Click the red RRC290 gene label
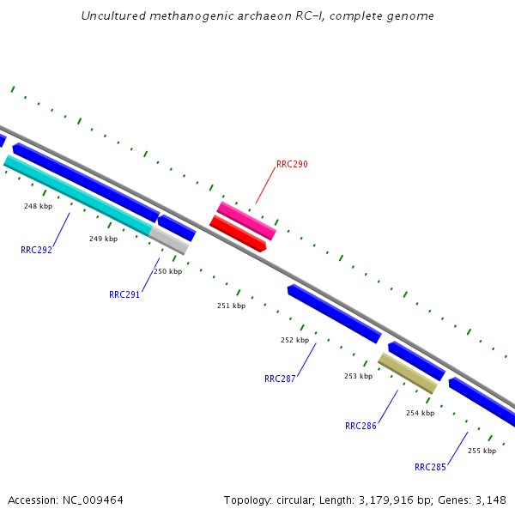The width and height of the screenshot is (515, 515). [292, 164]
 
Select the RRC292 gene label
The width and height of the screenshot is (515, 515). [36, 251]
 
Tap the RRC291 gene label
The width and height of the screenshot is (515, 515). [124, 294]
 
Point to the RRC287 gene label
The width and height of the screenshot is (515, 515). [280, 379]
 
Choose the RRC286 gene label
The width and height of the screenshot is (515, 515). [360, 426]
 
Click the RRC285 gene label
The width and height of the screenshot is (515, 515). [430, 468]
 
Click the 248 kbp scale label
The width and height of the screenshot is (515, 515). [38, 206]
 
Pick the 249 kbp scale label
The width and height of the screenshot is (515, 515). [103, 239]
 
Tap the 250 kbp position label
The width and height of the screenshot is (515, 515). [167, 271]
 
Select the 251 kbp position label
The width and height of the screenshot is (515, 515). [231, 306]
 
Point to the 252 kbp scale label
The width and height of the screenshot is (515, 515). [294, 341]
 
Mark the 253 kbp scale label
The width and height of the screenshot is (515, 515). [358, 376]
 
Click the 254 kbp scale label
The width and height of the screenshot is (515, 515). [420, 413]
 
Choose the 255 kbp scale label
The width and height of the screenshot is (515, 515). [482, 451]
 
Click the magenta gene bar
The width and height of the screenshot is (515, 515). [246, 221]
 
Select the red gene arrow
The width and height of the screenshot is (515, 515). [238, 233]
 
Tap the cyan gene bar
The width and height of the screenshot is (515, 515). [77, 195]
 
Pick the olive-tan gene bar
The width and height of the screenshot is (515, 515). [408, 373]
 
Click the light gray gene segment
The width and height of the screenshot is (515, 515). [169, 240]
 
